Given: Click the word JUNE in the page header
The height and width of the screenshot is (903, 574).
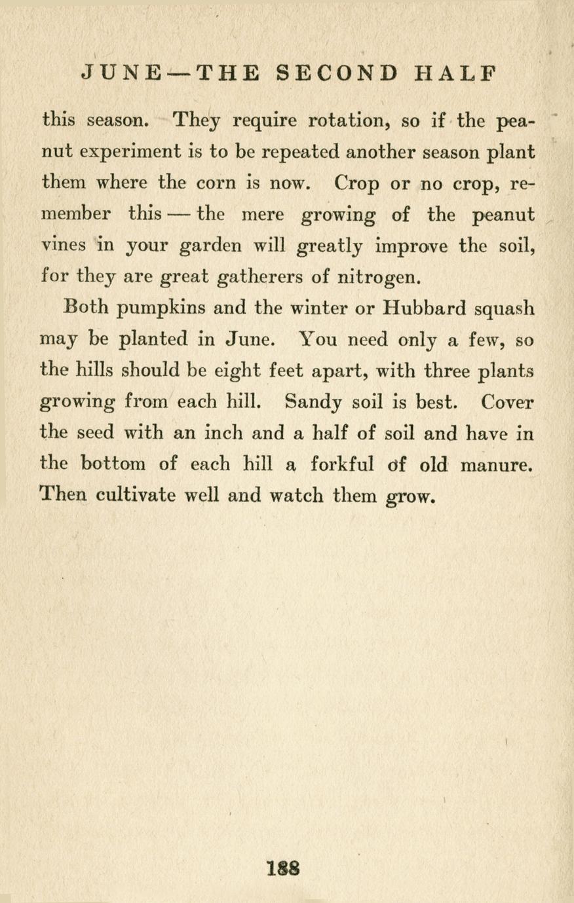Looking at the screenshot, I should pyautogui.click(x=122, y=73).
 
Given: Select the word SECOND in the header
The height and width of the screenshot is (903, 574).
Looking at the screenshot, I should pyautogui.click(x=337, y=73).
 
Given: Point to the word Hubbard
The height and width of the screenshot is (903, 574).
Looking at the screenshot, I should pyautogui.click(x=425, y=307).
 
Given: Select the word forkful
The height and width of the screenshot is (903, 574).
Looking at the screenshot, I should pyautogui.click(x=343, y=464).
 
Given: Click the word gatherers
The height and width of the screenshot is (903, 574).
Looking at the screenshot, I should pyautogui.click(x=259, y=277).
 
